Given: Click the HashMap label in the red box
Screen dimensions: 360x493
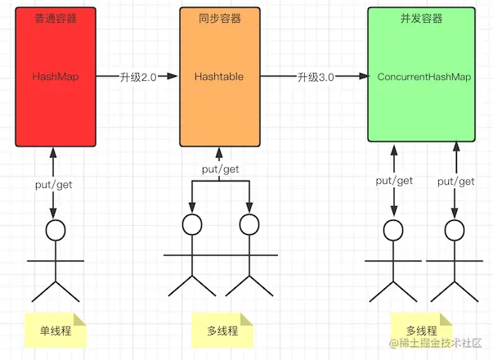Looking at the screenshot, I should coord(54,76).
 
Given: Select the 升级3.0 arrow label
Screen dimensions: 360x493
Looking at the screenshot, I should coord(316,76).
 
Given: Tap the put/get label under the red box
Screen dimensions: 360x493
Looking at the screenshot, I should coord(53,185).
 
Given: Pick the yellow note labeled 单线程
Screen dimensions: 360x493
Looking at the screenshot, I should coord(55,331).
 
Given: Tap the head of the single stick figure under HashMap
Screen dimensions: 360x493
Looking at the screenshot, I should coord(55,230).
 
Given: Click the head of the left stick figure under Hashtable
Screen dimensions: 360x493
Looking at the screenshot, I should coord(192,225).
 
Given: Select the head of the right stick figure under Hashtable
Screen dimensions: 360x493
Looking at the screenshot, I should coord(250,225).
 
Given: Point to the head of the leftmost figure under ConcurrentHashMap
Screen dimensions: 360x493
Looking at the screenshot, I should coord(393,230).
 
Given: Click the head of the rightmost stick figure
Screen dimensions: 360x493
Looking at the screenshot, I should coord(455,230).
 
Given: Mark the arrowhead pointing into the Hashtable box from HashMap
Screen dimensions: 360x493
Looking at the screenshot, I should coord(173,76).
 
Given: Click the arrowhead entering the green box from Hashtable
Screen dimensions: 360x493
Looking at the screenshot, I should coord(361,76).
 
